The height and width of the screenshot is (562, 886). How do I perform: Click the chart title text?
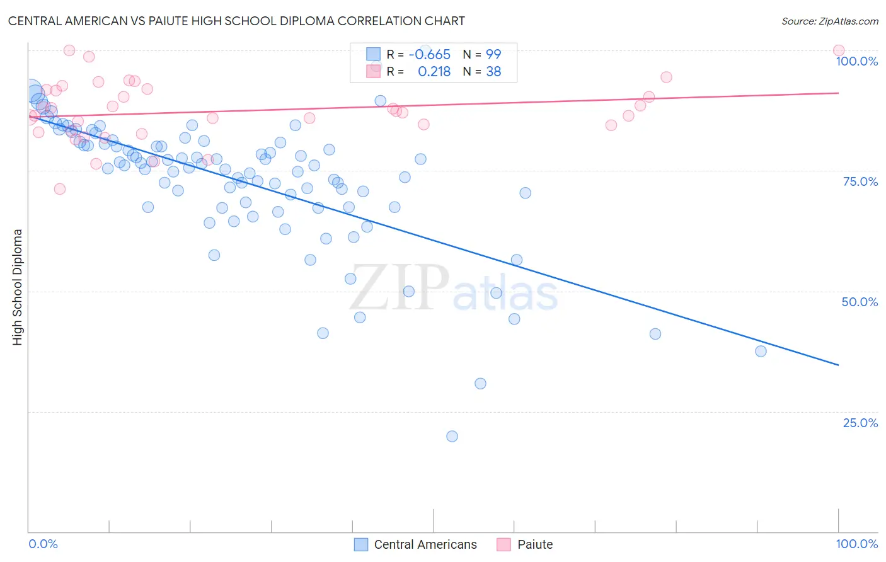(236, 21)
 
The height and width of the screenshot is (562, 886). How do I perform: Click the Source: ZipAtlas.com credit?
(829, 21)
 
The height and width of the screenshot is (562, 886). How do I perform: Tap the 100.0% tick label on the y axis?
(856, 61)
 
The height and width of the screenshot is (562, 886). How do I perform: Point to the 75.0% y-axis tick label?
(860, 181)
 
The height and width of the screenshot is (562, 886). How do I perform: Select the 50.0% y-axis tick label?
(860, 302)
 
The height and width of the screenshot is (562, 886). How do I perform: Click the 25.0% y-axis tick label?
(860, 423)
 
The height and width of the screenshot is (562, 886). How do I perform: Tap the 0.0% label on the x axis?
(43, 544)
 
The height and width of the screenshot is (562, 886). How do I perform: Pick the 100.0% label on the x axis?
(856, 544)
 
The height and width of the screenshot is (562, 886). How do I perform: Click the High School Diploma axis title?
(18, 287)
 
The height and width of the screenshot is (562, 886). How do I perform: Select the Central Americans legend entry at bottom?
(425, 544)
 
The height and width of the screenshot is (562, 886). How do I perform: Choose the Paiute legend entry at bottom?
(534, 544)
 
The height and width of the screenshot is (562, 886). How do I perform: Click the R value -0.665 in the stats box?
(429, 55)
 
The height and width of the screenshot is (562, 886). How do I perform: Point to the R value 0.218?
(434, 72)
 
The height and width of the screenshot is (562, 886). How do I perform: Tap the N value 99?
(493, 55)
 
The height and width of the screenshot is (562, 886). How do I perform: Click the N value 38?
(493, 72)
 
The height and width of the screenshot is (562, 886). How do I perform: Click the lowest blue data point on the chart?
(452, 436)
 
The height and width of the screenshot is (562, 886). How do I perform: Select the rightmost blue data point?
(761, 351)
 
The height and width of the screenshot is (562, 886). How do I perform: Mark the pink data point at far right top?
(838, 50)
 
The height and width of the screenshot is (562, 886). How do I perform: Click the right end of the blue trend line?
(838, 365)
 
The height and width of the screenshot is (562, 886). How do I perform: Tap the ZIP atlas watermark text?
(454, 288)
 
